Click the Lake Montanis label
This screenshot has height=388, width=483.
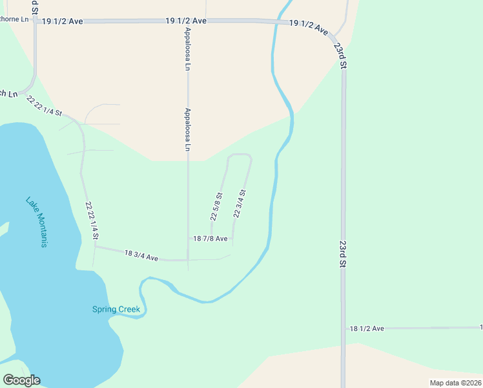pos(37,222)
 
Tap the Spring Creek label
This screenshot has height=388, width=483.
pos(116,309)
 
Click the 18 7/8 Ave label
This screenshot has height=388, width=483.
pos(210,239)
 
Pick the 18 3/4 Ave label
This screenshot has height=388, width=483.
pos(141,256)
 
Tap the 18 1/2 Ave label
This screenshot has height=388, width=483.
pos(366,329)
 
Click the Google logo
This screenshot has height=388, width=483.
pos(21,380)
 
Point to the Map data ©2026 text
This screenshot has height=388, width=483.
pos(455,383)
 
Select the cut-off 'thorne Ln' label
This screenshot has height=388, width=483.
pos(15,19)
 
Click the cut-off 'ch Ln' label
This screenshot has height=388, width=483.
pos(8,94)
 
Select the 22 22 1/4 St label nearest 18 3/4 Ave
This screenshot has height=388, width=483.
pos(92,219)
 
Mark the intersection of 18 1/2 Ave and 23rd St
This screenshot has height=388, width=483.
pos(343,329)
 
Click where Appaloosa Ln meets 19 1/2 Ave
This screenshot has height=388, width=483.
pos(188,21)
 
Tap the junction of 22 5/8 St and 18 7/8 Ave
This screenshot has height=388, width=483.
pos(211,239)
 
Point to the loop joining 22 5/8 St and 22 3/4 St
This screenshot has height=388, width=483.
pos(239,155)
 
